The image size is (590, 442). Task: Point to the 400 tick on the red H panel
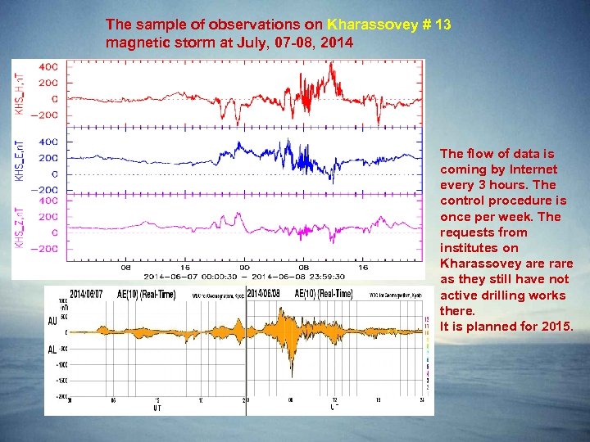48,67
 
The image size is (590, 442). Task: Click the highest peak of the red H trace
332,65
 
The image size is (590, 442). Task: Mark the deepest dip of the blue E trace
332,181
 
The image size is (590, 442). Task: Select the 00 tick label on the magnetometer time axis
244,267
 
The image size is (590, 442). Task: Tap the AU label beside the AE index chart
52,322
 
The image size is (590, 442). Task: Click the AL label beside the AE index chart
52,349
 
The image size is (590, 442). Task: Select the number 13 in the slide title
443,25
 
